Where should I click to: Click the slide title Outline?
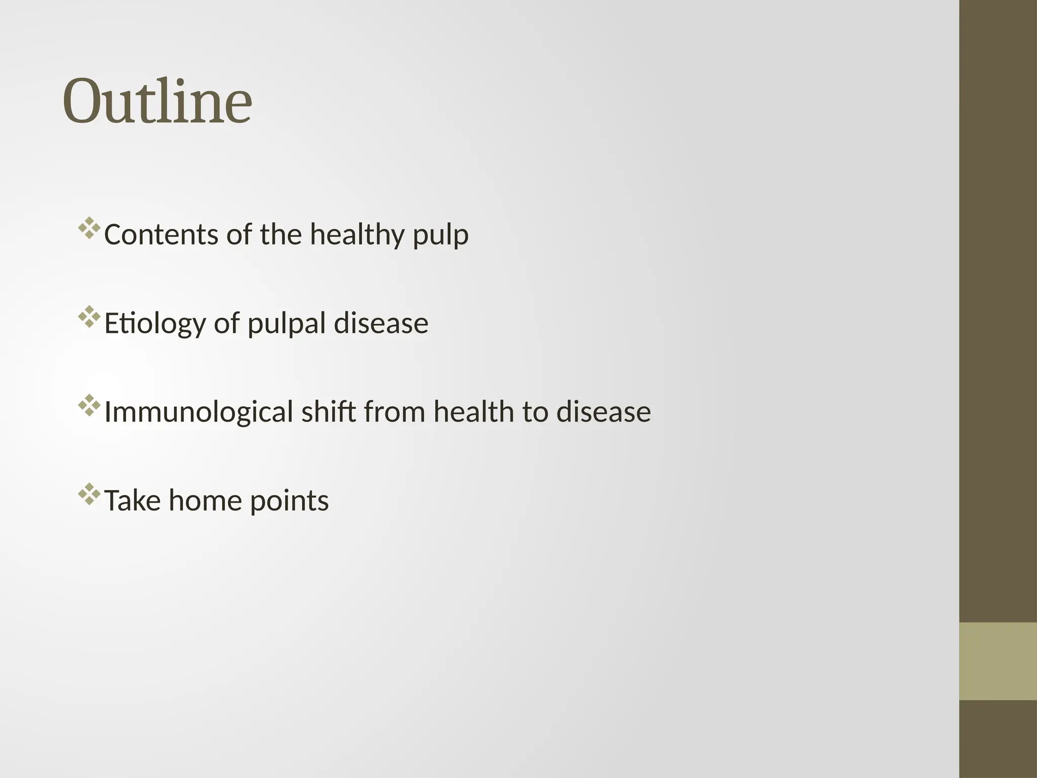point(157,101)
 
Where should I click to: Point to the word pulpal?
point(286,324)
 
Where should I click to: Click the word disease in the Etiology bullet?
point(381,323)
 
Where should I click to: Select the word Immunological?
point(198,412)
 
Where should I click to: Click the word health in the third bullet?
point(473,411)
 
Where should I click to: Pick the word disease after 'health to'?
point(604,411)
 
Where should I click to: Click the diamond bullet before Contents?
point(89,228)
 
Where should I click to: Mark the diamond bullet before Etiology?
point(89,317)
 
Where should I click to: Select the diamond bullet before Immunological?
point(89,405)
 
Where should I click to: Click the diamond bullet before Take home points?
point(89,494)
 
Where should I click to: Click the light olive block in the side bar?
point(998,661)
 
